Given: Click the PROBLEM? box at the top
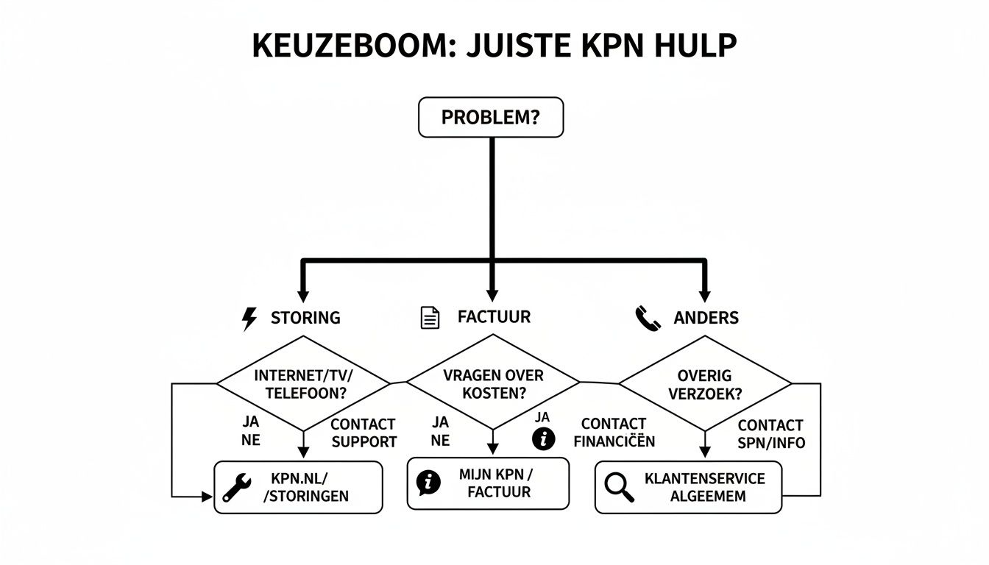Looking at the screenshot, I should point(491,118).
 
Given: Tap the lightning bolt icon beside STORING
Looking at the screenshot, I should point(250,319).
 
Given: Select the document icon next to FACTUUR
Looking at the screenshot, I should point(430,318).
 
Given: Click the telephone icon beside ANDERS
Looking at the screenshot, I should point(647,319).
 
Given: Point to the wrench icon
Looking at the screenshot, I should point(237,487).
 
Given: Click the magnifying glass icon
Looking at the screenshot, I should point(619,487).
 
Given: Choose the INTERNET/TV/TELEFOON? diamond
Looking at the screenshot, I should point(302,384).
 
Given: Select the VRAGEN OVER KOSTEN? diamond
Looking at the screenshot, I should point(493,384).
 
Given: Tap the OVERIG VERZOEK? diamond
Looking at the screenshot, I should point(706,384).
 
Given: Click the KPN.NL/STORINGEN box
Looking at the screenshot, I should point(298,487).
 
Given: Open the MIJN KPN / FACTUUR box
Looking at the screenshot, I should point(488,483).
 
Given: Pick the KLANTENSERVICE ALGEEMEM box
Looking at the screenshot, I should point(688,487).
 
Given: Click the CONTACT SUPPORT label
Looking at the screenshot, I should point(364,433).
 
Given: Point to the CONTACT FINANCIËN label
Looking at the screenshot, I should point(614,433).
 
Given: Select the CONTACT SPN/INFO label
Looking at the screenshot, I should point(770,434).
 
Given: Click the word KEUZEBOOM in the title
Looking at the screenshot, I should point(344,46).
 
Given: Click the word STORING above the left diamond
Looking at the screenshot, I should point(305,318).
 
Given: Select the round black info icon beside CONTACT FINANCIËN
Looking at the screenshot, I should point(543,439).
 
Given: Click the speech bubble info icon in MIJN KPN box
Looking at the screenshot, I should point(428,483).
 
